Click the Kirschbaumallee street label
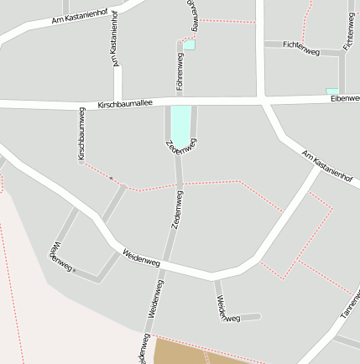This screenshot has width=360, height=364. pyautogui.click(x=125, y=104)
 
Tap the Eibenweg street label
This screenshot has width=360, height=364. pyautogui.click(x=345, y=99)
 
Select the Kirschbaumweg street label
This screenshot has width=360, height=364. pyautogui.click(x=81, y=134)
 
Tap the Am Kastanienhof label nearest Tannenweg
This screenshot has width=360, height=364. pyautogui.click(x=326, y=166)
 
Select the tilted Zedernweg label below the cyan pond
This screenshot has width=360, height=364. pyautogui.click(x=182, y=146)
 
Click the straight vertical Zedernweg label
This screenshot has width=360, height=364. pyautogui.click(x=177, y=210)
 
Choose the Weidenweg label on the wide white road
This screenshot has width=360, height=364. pyautogui.click(x=141, y=257)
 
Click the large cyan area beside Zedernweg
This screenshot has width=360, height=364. pyautogui.click(x=180, y=124)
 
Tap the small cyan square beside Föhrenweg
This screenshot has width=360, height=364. pyautogui.click(x=189, y=45)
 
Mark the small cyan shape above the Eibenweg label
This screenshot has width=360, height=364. pyautogui.click(x=332, y=91)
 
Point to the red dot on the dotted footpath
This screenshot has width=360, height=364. pyautogui.click(x=110, y=178)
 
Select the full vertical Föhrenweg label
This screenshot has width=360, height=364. pyautogui.click(x=180, y=70)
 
